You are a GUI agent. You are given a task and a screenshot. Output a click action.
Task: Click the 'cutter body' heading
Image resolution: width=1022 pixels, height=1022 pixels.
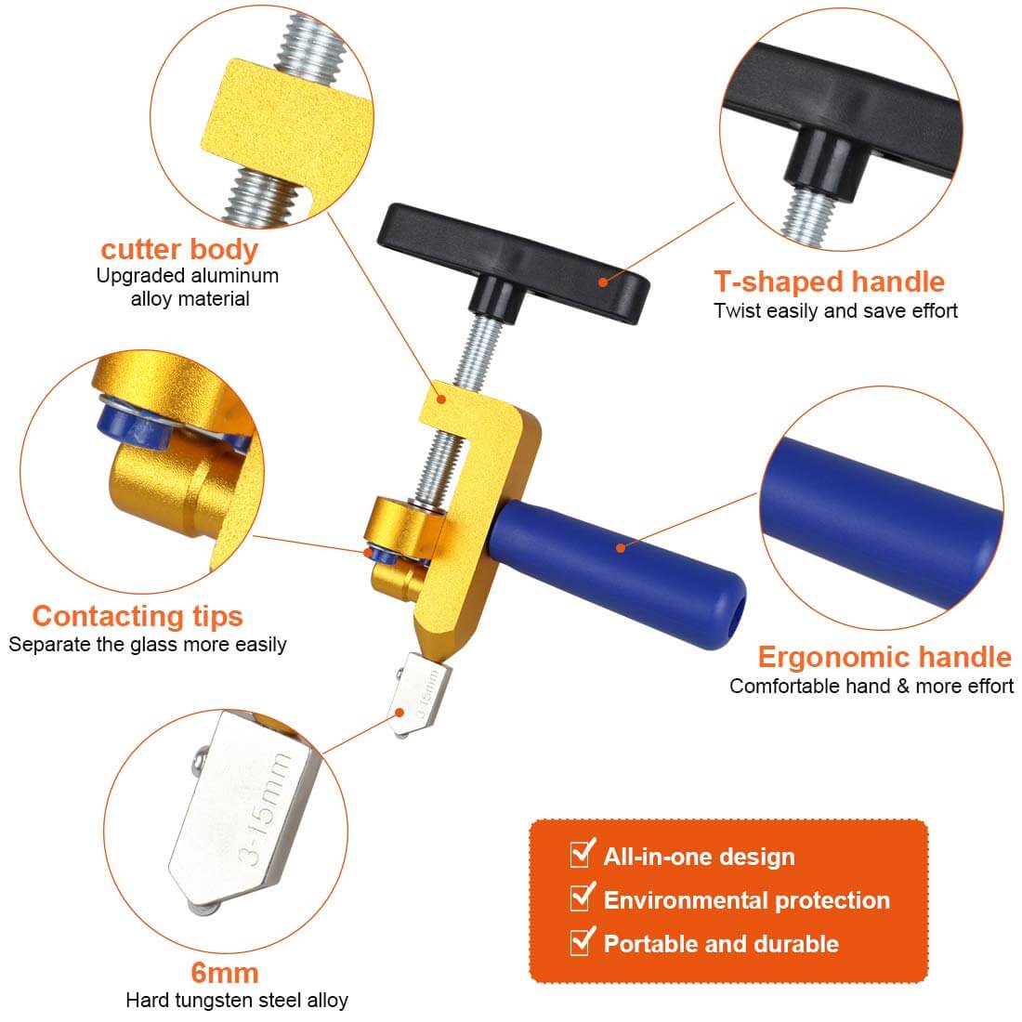pos(179,250)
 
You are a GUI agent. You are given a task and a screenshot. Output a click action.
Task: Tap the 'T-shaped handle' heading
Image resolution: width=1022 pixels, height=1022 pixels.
pos(829,282)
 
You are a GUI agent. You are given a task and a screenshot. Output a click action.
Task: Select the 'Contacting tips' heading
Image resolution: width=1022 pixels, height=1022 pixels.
pos(138,617)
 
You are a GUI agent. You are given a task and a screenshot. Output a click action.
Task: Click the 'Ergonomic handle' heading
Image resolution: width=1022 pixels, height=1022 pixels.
pos(884,657)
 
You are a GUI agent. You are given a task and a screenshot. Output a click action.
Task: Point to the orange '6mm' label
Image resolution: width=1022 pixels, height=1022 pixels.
pos(225,973)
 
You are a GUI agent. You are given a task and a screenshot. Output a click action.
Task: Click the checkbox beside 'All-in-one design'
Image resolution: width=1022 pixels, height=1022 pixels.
pos(582,854)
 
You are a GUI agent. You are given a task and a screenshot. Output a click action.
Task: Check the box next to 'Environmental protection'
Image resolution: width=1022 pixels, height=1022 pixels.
pos(582,898)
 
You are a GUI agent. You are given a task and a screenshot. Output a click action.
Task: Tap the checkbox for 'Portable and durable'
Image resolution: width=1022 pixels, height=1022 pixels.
pos(582,941)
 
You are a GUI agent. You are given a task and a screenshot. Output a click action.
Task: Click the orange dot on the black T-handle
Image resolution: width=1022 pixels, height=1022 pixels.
pos(603,282)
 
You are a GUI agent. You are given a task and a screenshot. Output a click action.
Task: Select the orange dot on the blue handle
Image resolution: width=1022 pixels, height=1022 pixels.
pos(621,547)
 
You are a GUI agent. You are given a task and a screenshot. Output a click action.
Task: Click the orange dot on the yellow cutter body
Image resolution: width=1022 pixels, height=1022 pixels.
pos(441,399)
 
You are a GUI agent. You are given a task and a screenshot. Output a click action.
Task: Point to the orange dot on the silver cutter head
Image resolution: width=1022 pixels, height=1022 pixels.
pos(400,713)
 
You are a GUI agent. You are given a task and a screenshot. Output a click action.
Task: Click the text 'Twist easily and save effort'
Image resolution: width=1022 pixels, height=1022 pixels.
pos(835,311)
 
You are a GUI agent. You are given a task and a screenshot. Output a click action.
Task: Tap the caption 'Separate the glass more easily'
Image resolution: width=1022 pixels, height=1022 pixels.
pos(148,645)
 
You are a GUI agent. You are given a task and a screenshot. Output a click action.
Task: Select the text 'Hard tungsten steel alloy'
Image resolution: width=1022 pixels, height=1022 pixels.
pos(237,1000)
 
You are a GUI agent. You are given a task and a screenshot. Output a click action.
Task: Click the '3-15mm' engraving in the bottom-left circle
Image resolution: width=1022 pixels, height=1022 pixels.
pos(266,808)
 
